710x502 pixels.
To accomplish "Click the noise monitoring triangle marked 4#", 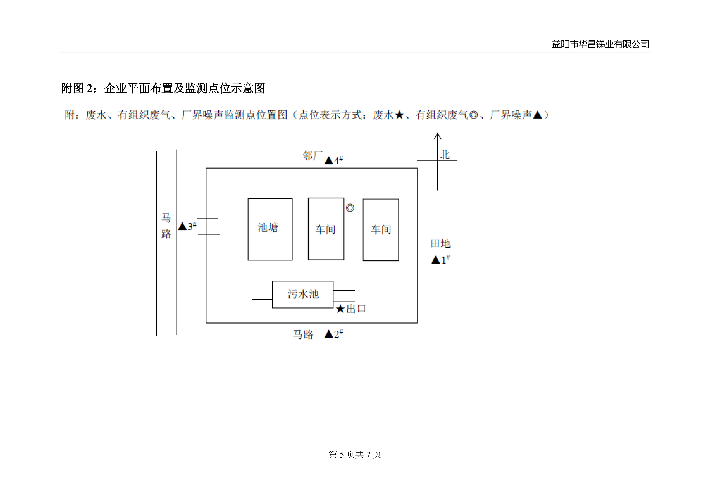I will pyautogui.click(x=329, y=160).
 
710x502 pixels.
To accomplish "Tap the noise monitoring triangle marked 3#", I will pyautogui.click(x=182, y=227).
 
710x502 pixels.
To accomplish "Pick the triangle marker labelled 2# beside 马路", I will pyautogui.click(x=328, y=334).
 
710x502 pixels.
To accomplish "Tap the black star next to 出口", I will pyautogui.click(x=340, y=309).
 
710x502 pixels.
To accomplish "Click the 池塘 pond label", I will pyautogui.click(x=268, y=228).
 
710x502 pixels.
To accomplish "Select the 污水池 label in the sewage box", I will pyautogui.click(x=303, y=294).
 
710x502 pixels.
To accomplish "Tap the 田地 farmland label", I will pyautogui.click(x=440, y=244).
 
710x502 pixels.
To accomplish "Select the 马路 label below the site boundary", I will pyautogui.click(x=303, y=334).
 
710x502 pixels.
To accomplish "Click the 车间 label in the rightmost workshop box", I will pyautogui.click(x=381, y=229).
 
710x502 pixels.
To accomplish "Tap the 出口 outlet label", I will pyautogui.click(x=356, y=309).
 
